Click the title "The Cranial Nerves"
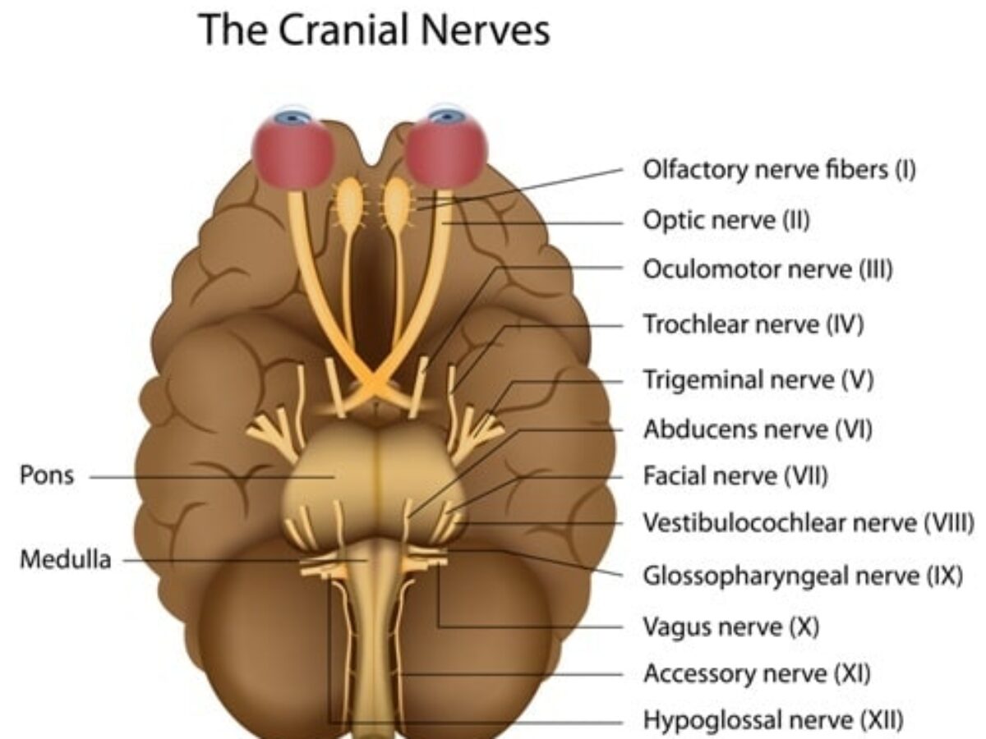(x=374, y=30)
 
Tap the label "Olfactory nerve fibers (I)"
(x=778, y=170)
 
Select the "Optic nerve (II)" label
(x=726, y=220)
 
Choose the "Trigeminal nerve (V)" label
(x=758, y=379)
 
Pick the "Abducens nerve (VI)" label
(x=758, y=429)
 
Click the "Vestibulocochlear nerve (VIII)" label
(x=809, y=522)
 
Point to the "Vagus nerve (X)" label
(x=731, y=627)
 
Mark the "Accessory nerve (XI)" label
(x=757, y=674)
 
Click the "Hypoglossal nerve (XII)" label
(x=773, y=722)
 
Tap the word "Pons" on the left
(x=47, y=475)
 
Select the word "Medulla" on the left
(x=65, y=561)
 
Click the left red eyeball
(x=293, y=149)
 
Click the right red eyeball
(x=447, y=149)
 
